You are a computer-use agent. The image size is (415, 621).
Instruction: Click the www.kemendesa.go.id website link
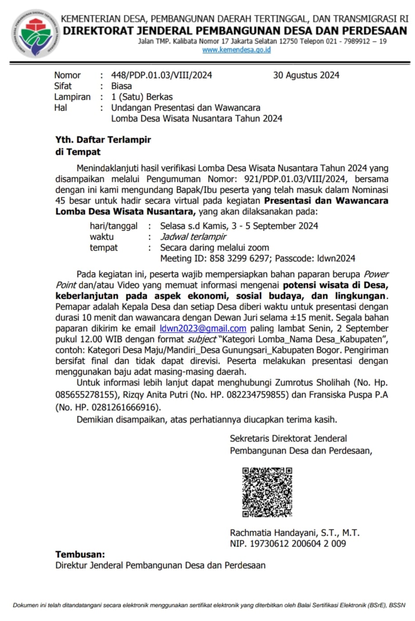point(236,50)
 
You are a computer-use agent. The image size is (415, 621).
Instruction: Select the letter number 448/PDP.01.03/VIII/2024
point(161,75)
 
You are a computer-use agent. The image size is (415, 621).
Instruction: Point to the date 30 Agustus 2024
point(306,75)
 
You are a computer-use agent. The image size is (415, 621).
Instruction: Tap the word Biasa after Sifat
point(121,86)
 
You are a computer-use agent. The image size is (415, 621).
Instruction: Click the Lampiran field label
point(72,97)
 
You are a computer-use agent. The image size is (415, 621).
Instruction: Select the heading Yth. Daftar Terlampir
point(103,139)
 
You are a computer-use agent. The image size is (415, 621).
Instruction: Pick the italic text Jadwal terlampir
point(193,236)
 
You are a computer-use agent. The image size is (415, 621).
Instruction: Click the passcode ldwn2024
point(336,259)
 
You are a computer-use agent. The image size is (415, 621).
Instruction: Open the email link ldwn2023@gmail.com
point(203,329)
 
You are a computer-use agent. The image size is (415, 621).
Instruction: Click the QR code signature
point(267,492)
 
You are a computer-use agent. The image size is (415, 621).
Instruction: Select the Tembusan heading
point(80,554)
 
